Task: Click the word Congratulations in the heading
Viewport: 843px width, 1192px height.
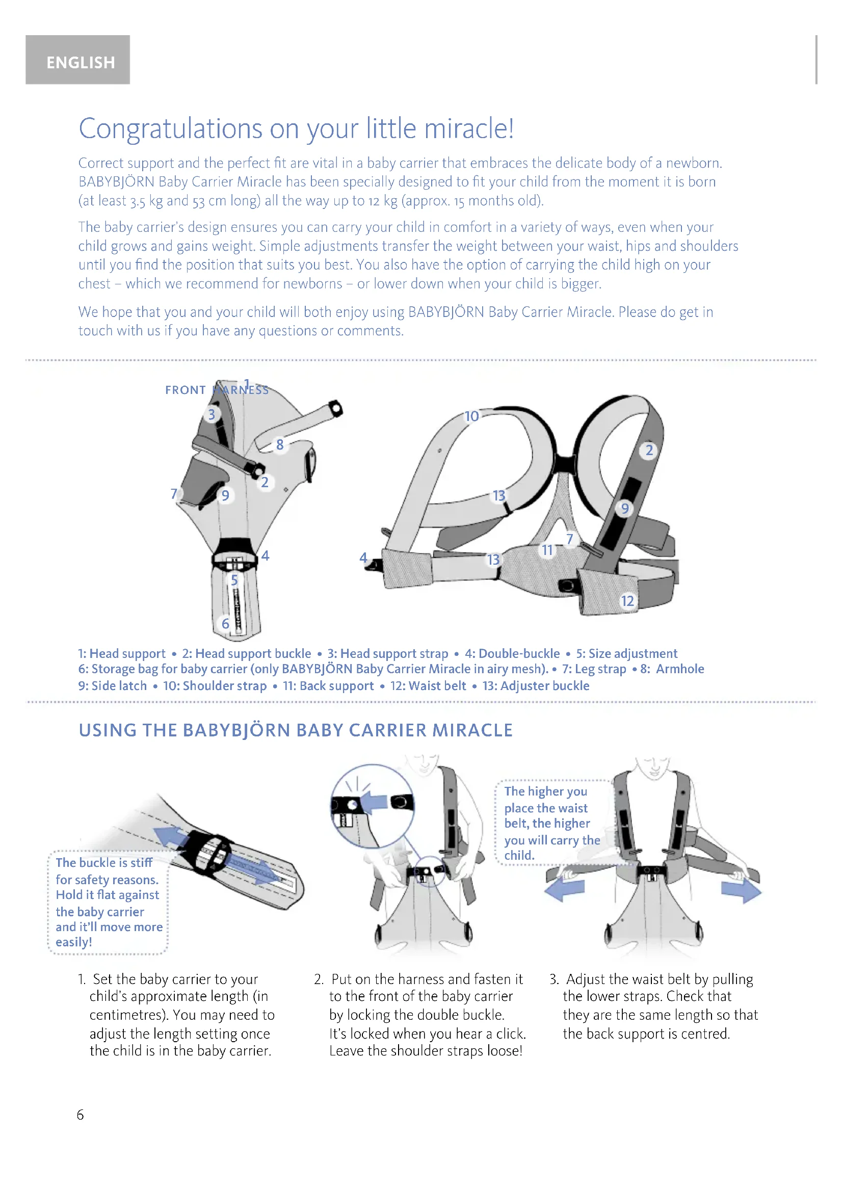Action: (170, 129)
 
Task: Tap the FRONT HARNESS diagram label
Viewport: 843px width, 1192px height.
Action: (217, 390)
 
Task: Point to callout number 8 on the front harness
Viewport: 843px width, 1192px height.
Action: (280, 444)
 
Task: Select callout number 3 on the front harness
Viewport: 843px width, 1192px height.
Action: (212, 414)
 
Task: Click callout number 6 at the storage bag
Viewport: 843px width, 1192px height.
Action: (225, 623)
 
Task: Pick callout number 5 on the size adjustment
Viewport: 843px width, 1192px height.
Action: (234, 580)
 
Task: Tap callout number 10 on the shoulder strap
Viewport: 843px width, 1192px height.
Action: (471, 416)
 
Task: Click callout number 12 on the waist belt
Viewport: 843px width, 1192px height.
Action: (627, 601)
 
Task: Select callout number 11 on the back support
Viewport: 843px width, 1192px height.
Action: (547, 550)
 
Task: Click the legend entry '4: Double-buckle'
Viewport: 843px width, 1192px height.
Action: (512, 654)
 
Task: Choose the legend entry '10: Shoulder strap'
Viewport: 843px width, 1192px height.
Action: (215, 686)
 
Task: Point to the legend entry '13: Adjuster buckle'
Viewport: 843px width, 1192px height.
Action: (536, 686)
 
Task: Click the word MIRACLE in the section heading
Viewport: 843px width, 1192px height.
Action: (472, 730)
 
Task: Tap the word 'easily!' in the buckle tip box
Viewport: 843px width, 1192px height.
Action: (74, 942)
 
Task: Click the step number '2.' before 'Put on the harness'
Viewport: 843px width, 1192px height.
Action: (319, 979)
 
